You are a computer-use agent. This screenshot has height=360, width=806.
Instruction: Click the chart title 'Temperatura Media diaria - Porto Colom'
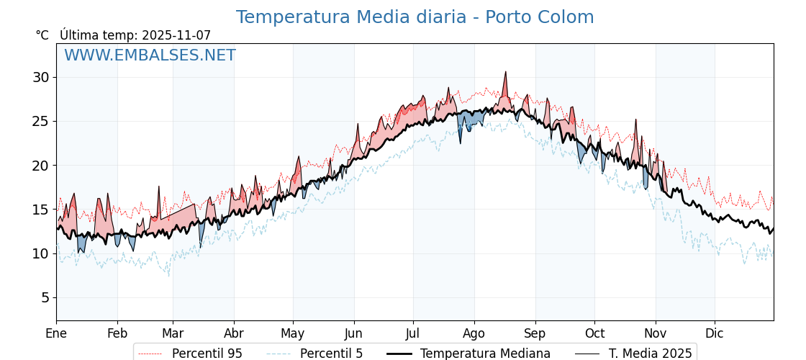(415, 17)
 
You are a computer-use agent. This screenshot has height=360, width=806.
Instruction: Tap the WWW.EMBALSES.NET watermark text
(150, 55)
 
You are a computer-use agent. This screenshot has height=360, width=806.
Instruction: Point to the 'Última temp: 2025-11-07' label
(135, 35)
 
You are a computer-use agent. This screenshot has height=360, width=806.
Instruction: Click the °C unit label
(42, 35)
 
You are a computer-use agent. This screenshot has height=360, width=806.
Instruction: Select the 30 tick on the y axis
(40, 77)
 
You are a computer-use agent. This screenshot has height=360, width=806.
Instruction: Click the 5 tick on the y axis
(45, 297)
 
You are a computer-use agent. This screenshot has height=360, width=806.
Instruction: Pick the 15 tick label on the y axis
(40, 210)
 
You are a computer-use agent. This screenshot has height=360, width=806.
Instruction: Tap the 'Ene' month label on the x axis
(56, 333)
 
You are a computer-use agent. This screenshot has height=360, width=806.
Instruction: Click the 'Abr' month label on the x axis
(234, 333)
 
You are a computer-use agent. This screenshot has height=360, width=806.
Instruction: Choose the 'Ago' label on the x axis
(474, 333)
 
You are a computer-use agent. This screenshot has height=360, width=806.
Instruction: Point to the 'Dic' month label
(715, 333)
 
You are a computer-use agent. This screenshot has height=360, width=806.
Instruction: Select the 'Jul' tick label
(413, 333)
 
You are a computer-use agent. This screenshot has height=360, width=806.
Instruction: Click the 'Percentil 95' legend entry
(207, 354)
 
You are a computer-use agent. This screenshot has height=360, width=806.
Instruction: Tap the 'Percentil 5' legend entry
(331, 354)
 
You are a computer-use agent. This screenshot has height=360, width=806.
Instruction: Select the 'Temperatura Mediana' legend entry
(485, 354)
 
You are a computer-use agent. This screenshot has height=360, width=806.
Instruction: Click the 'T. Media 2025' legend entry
(650, 354)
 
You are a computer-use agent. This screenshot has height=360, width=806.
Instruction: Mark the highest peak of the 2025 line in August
(505, 72)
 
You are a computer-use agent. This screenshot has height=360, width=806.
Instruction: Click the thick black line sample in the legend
(399, 354)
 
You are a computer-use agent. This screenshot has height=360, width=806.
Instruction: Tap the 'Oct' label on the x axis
(594, 333)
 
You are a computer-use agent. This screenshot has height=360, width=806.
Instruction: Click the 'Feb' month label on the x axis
(117, 333)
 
